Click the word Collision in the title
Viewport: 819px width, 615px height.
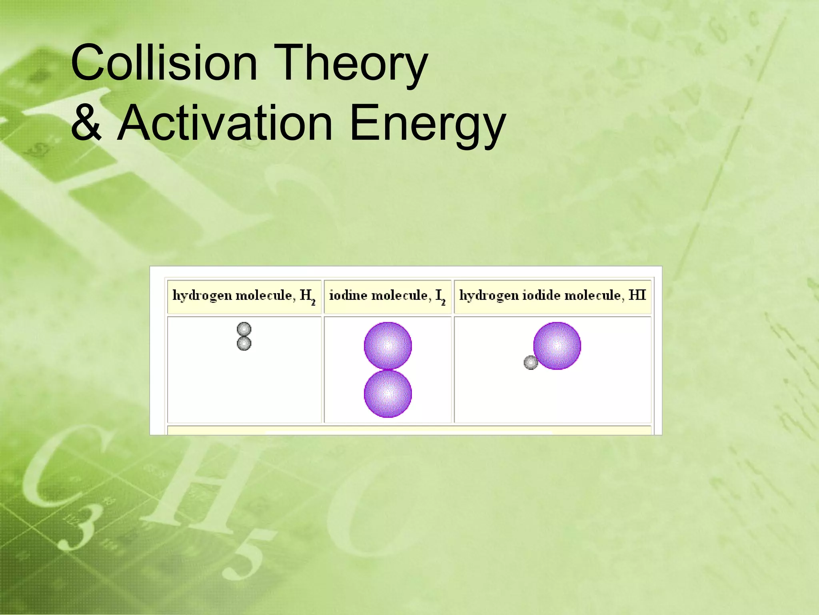click(164, 63)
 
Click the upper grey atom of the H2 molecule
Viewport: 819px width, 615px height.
click(244, 330)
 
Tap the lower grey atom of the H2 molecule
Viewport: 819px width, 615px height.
click(244, 344)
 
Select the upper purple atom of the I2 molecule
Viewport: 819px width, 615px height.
click(388, 345)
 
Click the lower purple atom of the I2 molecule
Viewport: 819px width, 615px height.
click(388, 394)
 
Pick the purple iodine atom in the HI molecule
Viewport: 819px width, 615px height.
click(557, 346)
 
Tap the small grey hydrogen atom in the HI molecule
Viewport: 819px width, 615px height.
click(531, 363)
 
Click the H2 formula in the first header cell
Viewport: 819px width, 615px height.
click(308, 296)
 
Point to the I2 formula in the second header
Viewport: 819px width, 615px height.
click(440, 296)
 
